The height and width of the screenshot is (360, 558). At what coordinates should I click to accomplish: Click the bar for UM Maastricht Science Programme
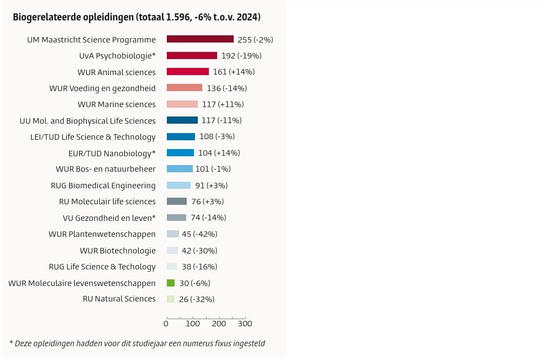click(x=200, y=39)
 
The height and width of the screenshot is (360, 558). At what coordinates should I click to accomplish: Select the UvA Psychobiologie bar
click(x=192, y=56)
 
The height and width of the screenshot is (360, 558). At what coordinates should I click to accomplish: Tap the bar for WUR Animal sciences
click(x=188, y=72)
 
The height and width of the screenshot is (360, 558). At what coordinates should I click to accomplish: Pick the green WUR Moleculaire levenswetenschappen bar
click(x=171, y=283)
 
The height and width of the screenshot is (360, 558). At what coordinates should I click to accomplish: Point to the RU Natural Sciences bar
click(x=171, y=299)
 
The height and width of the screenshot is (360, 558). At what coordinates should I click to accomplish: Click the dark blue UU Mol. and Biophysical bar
click(x=182, y=120)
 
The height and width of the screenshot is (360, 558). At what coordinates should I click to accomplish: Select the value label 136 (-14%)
click(x=227, y=88)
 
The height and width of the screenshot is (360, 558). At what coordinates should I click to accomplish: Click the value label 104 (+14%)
click(x=219, y=153)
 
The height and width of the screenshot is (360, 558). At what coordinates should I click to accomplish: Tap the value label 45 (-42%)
click(x=199, y=234)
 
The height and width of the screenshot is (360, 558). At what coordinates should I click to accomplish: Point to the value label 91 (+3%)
click(x=211, y=186)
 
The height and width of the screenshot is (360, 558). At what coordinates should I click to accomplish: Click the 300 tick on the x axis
click(x=245, y=324)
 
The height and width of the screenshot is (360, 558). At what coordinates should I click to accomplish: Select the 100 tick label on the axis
click(x=193, y=324)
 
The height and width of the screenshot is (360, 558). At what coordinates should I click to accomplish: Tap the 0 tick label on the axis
click(x=166, y=324)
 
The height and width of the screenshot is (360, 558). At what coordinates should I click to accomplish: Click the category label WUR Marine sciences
click(x=117, y=104)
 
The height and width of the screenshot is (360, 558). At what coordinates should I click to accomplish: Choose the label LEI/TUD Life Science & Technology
click(x=93, y=137)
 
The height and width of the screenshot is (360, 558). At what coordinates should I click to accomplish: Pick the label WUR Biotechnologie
click(x=118, y=251)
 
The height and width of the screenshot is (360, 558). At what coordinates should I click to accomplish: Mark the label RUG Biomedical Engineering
click(x=103, y=186)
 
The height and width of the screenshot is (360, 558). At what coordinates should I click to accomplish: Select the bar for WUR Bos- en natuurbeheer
click(x=180, y=169)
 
